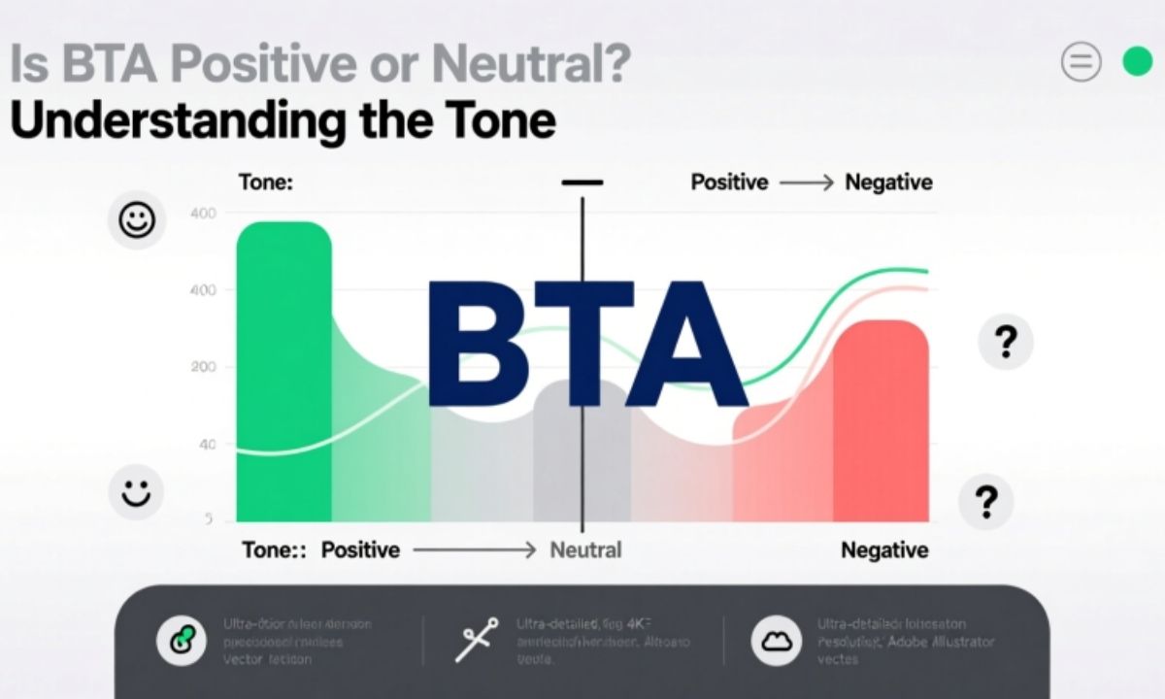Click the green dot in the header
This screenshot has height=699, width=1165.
tap(1136, 63)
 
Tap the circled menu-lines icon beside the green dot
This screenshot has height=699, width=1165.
tap(1082, 63)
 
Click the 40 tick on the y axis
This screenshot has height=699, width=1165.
tap(207, 445)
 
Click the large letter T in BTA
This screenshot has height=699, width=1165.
tap(585, 345)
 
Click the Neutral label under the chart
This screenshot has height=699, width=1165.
tap(585, 550)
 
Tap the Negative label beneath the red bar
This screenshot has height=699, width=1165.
tap(883, 550)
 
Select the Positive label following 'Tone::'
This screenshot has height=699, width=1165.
tap(360, 550)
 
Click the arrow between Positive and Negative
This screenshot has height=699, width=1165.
tap(806, 183)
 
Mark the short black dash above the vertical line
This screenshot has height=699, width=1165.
tap(582, 183)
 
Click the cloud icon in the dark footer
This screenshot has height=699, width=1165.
tap(776, 641)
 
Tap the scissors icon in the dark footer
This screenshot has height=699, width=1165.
tap(477, 641)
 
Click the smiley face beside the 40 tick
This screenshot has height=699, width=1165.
tap(135, 492)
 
